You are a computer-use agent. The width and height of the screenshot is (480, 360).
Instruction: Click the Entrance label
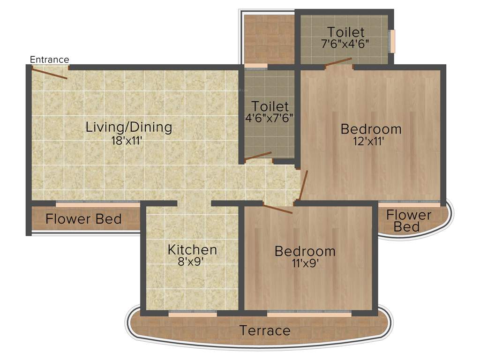pyautogui.click(x=49, y=60)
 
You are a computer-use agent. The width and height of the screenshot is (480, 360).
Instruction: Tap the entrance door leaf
pyautogui.click(x=49, y=73)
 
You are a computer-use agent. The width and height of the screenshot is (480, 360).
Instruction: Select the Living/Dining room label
pyautogui.click(x=129, y=127)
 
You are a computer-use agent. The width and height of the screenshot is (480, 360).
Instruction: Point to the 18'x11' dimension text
pyautogui.click(x=127, y=140)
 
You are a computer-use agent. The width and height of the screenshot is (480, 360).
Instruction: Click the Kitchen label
pyautogui.click(x=192, y=249)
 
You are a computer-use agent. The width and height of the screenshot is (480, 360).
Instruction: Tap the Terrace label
pyautogui.click(x=265, y=330)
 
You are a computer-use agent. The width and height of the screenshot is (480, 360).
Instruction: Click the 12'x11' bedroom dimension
pyautogui.click(x=370, y=141)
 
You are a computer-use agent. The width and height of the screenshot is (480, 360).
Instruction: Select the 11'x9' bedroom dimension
pyautogui.click(x=305, y=263)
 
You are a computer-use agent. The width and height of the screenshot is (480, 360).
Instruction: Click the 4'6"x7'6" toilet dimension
pyautogui.click(x=270, y=118)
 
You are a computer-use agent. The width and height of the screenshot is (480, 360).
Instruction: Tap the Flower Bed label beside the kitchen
pyautogui.click(x=83, y=219)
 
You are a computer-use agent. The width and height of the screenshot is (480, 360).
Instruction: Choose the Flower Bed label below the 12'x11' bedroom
pyautogui.click(x=409, y=221)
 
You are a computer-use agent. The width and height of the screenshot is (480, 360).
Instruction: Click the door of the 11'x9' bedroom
pyautogui.click(x=277, y=209)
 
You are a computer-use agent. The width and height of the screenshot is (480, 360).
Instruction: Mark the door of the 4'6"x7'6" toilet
pyautogui.click(x=258, y=157)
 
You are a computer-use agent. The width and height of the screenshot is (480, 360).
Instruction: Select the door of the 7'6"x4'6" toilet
pyautogui.click(x=338, y=62)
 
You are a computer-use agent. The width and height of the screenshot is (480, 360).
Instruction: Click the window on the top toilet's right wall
pyautogui.click(x=392, y=41)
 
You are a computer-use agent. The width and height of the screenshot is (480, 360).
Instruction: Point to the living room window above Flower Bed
pyautogui.click(x=97, y=204)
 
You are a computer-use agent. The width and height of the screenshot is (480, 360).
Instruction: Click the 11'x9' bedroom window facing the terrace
pyautogui.click(x=309, y=314)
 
